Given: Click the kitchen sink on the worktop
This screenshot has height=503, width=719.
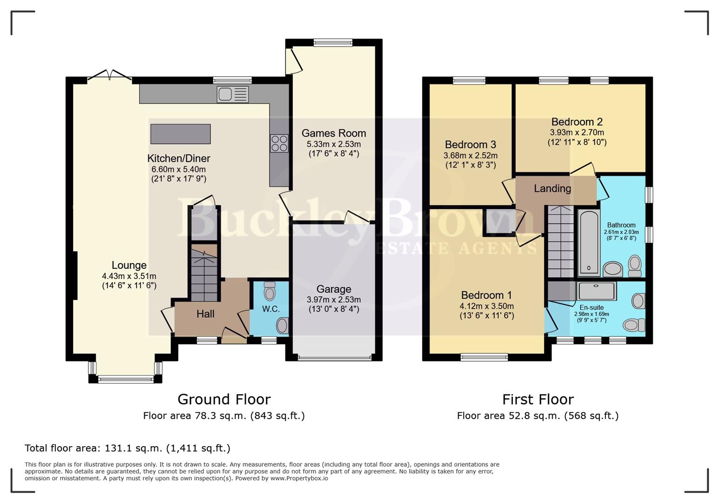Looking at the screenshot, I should [232, 95].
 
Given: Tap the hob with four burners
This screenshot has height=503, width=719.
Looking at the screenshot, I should [279, 143].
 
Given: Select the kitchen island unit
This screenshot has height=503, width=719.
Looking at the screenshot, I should [181, 134].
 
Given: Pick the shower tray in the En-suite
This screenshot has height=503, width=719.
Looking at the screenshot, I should [597, 291].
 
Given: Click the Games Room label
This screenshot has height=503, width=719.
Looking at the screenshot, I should [333, 133].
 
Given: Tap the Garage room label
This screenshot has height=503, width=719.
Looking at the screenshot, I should [333, 289].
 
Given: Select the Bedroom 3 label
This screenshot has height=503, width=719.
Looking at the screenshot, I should [470, 144].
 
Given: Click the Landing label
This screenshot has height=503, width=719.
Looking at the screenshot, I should [552, 189].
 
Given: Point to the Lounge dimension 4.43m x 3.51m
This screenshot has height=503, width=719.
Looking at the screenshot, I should [129, 276].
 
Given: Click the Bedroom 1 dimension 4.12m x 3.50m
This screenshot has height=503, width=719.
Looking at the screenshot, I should [487, 306].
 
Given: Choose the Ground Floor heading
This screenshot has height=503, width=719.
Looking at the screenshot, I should [224, 400].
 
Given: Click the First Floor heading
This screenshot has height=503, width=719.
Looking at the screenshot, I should [538, 400].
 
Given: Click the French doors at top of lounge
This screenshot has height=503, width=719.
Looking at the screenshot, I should [109, 75].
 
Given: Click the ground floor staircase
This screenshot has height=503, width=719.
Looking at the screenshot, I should [204, 275].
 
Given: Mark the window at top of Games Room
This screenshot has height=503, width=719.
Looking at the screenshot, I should [333, 43].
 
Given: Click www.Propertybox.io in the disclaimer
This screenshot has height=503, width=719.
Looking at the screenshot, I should [299, 478].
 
